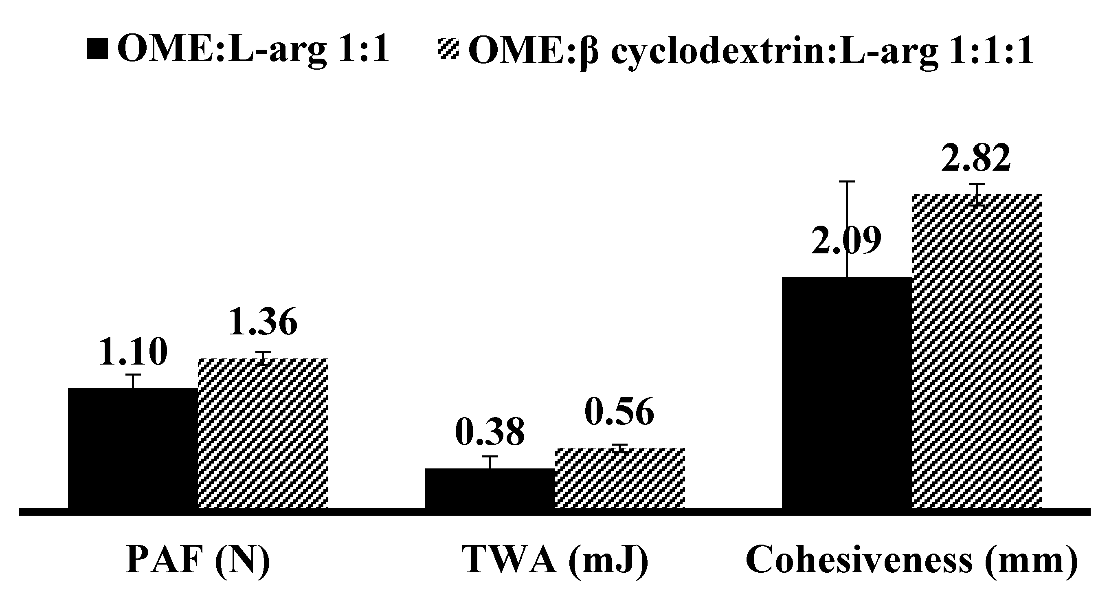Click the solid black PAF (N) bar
tap(133, 448)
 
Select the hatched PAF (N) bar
tap(263, 433)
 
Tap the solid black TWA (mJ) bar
tap(490, 488)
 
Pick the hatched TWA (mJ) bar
tap(619, 478)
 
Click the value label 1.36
tap(263, 322)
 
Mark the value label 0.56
tap(619, 411)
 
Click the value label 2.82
tap(976, 158)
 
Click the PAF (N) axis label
tap(198, 560)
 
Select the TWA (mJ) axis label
tap(555, 560)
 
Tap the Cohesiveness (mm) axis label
tap(912, 560)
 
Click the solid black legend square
tap(97, 49)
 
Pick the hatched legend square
tap(448, 49)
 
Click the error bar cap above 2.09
tap(847, 181)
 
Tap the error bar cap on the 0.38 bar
tap(490, 457)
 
